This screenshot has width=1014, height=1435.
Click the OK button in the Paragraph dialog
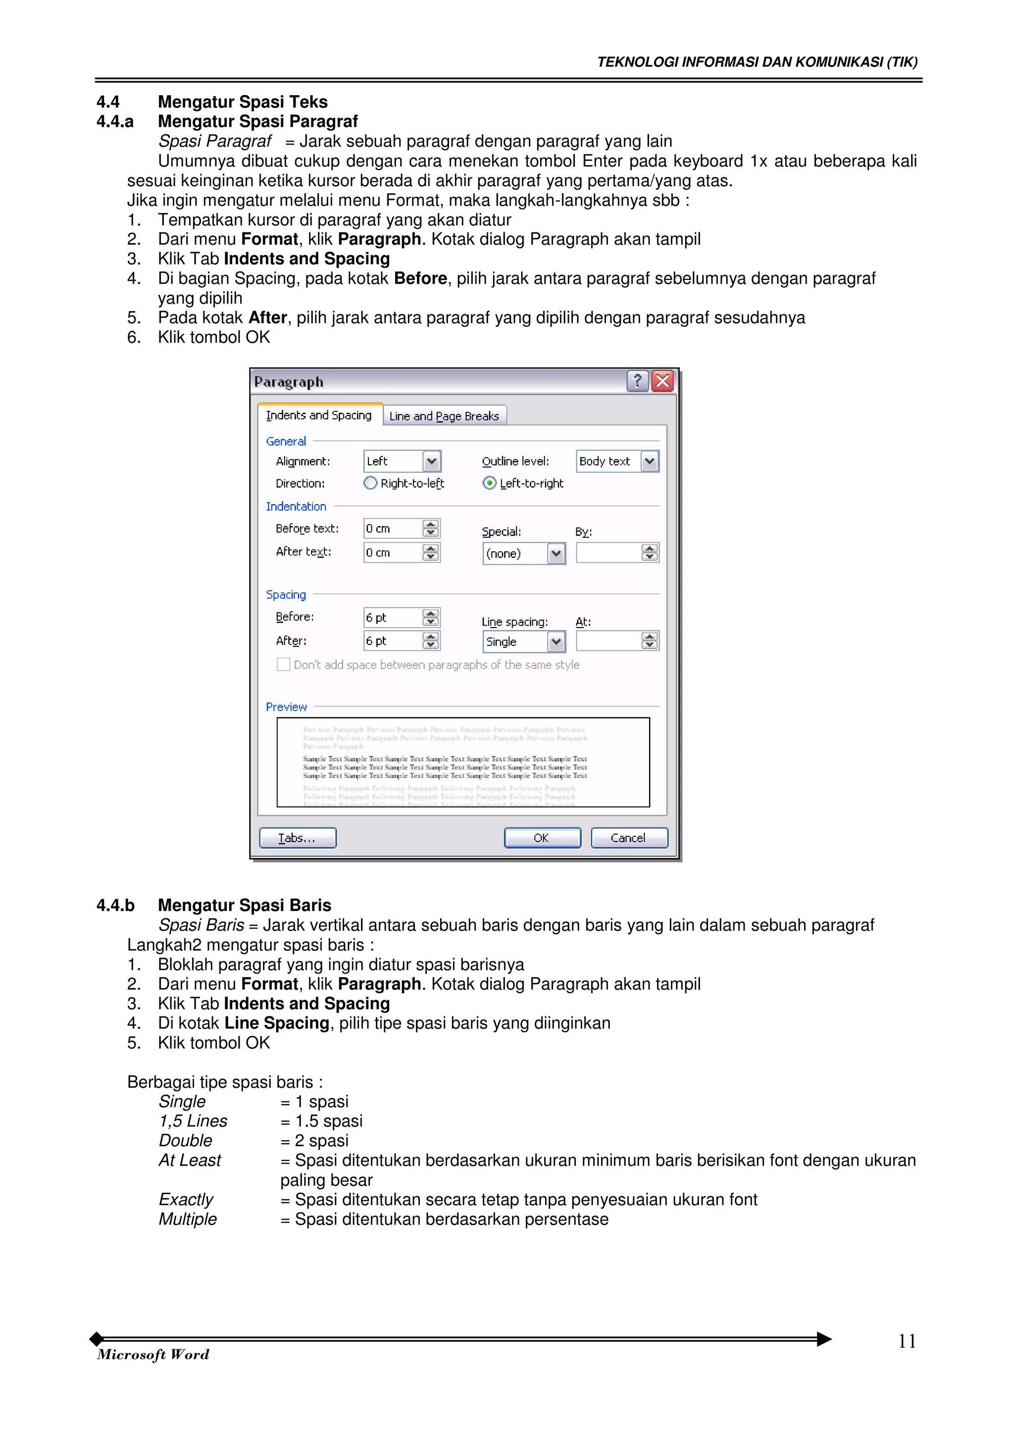click(542, 838)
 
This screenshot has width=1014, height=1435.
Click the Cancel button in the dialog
click(628, 838)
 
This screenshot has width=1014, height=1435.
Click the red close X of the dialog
click(662, 380)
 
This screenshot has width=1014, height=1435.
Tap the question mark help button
click(637, 380)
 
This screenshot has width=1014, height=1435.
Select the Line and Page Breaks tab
click(444, 416)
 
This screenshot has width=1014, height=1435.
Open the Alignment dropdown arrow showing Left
click(431, 461)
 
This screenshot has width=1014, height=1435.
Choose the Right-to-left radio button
click(370, 483)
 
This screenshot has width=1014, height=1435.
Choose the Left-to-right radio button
click(490, 483)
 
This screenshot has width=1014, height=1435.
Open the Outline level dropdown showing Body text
click(650, 461)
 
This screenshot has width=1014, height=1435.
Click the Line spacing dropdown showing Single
click(556, 642)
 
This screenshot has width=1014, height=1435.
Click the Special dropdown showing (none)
click(556, 554)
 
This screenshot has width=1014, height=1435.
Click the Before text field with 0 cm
click(392, 529)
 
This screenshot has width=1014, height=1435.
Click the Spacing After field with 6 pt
click(392, 640)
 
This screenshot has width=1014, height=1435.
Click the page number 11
click(907, 1342)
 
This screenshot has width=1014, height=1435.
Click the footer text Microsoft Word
click(153, 1354)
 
